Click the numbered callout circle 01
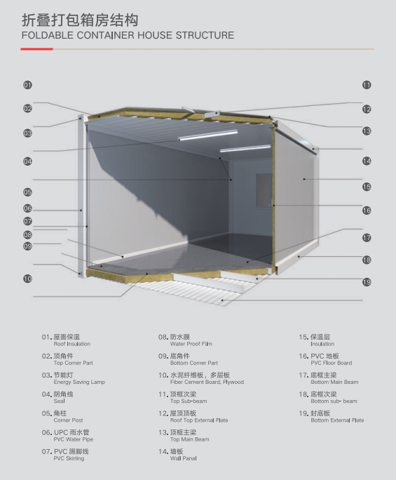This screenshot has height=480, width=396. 27,85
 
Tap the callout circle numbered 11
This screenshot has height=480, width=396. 367,85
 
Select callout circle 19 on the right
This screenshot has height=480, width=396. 367,282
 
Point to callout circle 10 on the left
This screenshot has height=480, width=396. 27,279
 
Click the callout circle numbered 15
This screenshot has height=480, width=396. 367,187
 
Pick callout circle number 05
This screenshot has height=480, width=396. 27,192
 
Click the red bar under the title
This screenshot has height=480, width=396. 36,49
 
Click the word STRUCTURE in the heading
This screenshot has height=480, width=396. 205,35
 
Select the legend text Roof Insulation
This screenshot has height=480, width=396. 72,344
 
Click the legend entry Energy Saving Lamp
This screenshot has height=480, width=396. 79,382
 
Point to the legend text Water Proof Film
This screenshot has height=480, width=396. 191,344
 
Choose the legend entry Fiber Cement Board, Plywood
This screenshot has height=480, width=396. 207,382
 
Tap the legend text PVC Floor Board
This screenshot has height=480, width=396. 332,363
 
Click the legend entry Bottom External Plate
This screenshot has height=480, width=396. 337,420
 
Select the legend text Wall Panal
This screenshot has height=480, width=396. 183,458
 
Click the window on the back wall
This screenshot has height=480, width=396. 264,190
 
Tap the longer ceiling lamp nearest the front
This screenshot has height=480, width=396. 208,135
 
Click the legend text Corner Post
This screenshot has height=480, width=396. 68,420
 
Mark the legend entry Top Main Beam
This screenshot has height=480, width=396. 190,439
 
